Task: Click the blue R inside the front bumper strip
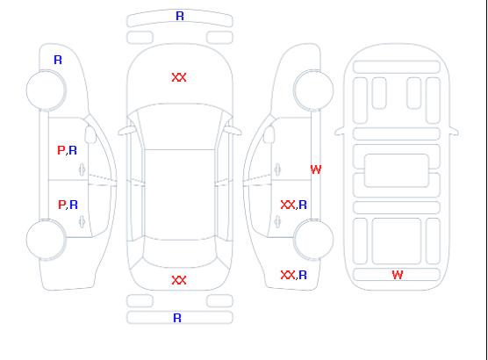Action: click(x=180, y=16)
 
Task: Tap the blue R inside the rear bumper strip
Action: click(x=177, y=318)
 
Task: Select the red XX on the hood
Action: click(x=179, y=77)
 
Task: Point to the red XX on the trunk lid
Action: click(x=179, y=280)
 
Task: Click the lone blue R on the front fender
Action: click(x=58, y=60)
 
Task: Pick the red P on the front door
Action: click(x=61, y=150)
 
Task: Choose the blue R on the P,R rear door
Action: click(x=74, y=205)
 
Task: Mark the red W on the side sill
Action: click(x=316, y=169)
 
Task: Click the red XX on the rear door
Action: click(x=288, y=205)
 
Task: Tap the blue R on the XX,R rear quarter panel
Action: click(x=303, y=275)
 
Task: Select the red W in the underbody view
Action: click(x=398, y=275)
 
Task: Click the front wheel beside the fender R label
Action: click(x=46, y=90)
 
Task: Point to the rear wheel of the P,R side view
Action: click(x=46, y=240)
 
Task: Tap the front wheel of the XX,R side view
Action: click(x=313, y=90)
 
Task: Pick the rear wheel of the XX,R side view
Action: click(x=313, y=240)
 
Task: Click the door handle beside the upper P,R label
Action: click(x=83, y=169)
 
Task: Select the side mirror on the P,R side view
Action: click(x=90, y=134)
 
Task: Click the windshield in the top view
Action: click(x=180, y=126)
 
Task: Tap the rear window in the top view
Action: click(x=180, y=253)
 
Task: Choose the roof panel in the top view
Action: click(x=180, y=195)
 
